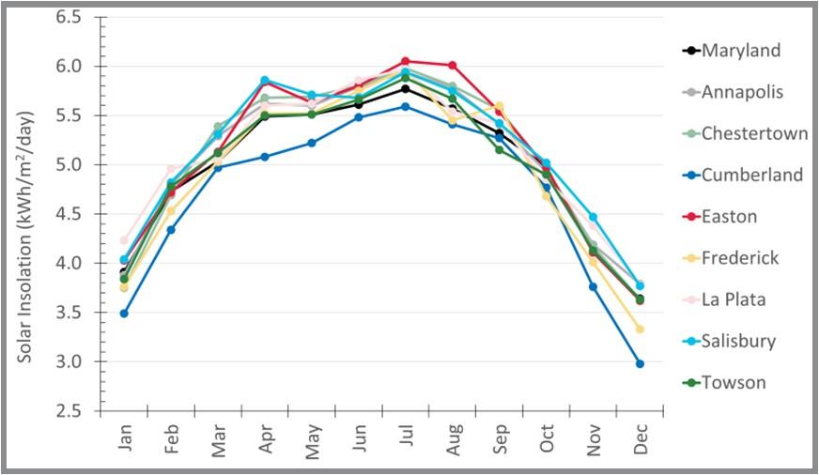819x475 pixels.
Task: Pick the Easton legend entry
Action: point(729,217)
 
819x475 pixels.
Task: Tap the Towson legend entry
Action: point(733,382)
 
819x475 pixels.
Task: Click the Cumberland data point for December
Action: point(641,363)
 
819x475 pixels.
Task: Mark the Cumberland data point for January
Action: point(124,314)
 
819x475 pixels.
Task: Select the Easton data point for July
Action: point(406,61)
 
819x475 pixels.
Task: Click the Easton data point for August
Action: point(453,66)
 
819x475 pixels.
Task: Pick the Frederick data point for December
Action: point(641,329)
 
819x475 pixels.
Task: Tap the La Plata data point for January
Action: point(124,240)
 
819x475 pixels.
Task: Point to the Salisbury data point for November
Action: point(594,217)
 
